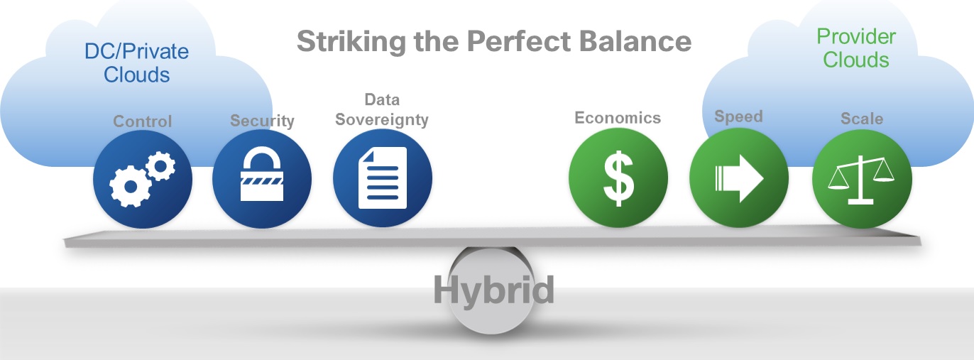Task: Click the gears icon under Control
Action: coord(142,178)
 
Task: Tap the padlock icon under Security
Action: coord(262,178)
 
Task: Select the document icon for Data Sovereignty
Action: coord(383,178)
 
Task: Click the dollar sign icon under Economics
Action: coord(618,178)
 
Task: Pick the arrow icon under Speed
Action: coord(739,177)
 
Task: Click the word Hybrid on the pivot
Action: coord(493,290)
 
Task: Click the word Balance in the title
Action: coord(637,42)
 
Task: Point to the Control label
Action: coord(143,121)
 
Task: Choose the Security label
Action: coord(262,121)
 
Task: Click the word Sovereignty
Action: coord(382,119)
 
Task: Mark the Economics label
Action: coord(618,118)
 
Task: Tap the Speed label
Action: coord(738,116)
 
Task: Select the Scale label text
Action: coord(862,118)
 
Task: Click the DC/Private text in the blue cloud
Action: coord(136,51)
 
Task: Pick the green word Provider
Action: coord(856,36)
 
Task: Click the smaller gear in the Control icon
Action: coord(161,166)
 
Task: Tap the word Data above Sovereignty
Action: coord(382,99)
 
